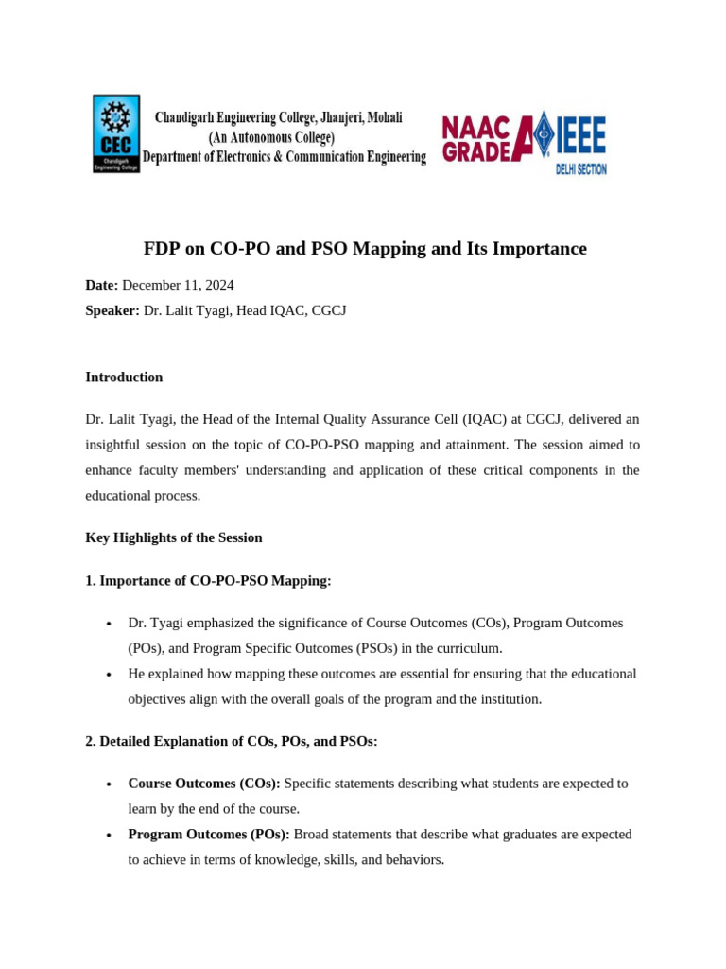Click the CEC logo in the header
pyautogui.click(x=115, y=133)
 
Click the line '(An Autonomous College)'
pyautogui.click(x=271, y=137)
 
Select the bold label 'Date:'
pyautogui.click(x=102, y=285)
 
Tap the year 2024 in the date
pyautogui.click(x=217, y=285)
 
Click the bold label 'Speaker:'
pyautogui.click(x=112, y=310)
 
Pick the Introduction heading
pyautogui.click(x=124, y=377)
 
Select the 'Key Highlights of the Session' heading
pyautogui.click(x=174, y=537)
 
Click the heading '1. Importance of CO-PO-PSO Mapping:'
pyautogui.click(x=208, y=581)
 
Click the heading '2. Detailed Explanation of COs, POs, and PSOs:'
pyautogui.click(x=232, y=741)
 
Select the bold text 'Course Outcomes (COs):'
pyautogui.click(x=204, y=784)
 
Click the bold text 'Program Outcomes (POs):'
pyautogui.click(x=209, y=835)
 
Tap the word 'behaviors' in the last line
pyautogui.click(x=411, y=860)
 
